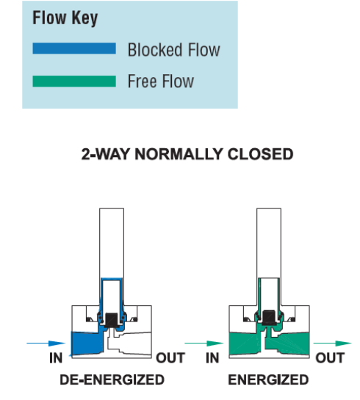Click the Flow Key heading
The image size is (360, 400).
65,18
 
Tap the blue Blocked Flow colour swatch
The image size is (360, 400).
74,48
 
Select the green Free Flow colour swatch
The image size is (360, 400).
74,81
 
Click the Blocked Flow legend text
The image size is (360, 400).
173,50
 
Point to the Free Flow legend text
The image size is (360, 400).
161,81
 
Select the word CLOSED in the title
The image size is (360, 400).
260,154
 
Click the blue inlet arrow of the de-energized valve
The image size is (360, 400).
46,343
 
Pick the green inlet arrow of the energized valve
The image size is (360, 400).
204,343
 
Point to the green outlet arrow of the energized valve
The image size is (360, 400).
333,343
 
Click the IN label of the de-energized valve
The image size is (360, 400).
56,358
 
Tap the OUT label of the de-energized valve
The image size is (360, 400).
170,358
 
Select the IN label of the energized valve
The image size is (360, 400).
212,358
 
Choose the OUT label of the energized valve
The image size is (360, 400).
330,358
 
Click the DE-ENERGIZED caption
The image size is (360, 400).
112,379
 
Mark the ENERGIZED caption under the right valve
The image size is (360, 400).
268,379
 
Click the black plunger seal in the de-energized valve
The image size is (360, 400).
112,320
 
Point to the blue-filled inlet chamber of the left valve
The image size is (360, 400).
86,343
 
